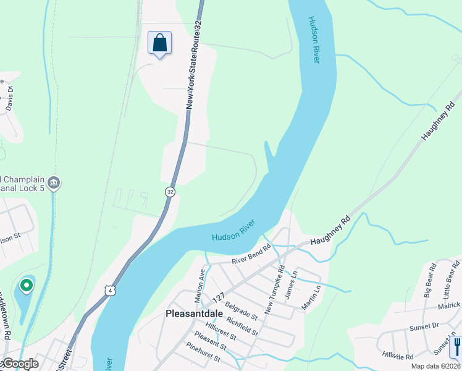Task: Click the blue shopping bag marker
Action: coord(159,43)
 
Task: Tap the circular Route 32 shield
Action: coord(170,192)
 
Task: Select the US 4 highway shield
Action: coord(109,290)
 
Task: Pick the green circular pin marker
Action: coord(26,285)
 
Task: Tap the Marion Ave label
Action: coord(199,285)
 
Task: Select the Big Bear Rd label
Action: coord(431,280)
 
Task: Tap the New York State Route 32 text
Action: coord(194,65)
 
